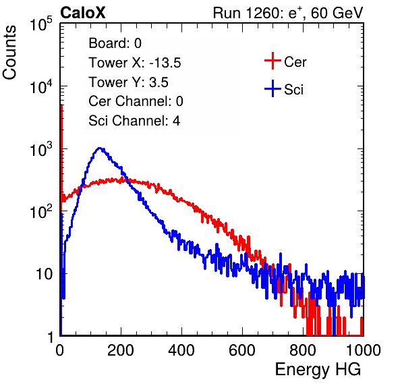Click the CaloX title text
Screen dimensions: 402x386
[x=82, y=13]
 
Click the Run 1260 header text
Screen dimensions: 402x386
[x=288, y=13]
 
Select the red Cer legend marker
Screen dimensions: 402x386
[x=272, y=61]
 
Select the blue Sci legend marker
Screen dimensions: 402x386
[x=272, y=89]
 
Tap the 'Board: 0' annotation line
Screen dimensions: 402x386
[x=115, y=43]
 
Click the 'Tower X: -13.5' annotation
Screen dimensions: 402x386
[x=135, y=63]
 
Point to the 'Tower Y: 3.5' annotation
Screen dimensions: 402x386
[x=128, y=82]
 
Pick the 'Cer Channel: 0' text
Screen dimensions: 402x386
[x=136, y=101]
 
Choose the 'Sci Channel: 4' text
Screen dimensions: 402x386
[x=134, y=121]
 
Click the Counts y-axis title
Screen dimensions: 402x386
[x=9, y=53]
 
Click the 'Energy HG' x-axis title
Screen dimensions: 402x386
[x=318, y=370]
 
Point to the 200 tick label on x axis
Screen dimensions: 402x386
[x=121, y=350]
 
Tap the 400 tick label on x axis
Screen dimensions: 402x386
[x=181, y=350]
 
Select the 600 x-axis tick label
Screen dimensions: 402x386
[x=242, y=350]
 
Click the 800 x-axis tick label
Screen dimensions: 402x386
[x=303, y=350]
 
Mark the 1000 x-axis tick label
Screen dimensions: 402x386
[x=364, y=350]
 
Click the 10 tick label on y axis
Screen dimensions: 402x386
[x=44, y=274]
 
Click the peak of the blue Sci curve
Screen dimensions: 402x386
[x=99, y=148]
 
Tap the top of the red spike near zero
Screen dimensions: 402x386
[x=61, y=106]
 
